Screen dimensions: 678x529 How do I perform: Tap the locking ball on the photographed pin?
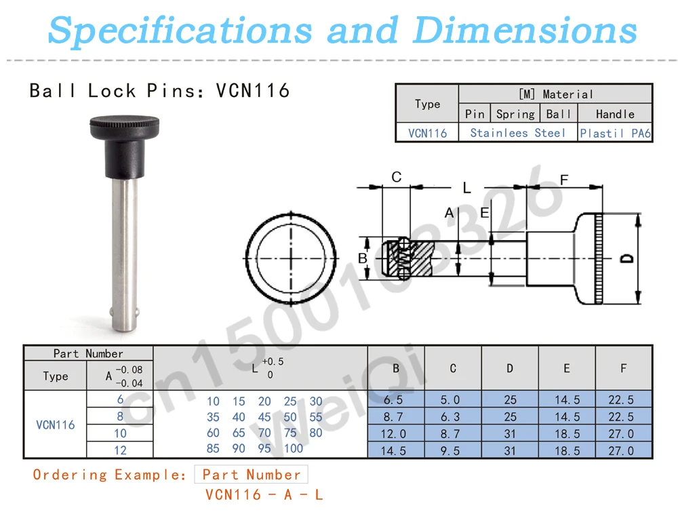point(112,312)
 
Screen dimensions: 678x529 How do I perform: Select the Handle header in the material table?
point(615,114)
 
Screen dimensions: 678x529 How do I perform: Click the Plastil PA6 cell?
point(616,133)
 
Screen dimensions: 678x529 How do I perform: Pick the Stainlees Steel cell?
point(517,133)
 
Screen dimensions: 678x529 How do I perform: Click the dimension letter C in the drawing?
point(397,176)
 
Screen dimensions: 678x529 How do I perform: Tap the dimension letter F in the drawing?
point(564,180)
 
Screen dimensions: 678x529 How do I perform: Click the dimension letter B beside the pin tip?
point(362,258)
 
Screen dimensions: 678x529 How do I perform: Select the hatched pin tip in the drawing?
point(407,258)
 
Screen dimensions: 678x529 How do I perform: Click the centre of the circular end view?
point(291,258)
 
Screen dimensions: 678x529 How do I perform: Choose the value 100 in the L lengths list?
point(294,448)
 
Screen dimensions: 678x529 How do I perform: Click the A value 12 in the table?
point(120,450)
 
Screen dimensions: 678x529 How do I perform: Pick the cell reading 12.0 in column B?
point(393,434)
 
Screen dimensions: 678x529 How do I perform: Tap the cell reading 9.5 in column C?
point(450,451)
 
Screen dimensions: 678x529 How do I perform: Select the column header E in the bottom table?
point(566,368)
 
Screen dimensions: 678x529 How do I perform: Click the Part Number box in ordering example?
point(252,475)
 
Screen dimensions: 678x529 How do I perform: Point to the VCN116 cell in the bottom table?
point(56,425)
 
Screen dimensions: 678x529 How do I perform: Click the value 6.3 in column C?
point(450,417)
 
